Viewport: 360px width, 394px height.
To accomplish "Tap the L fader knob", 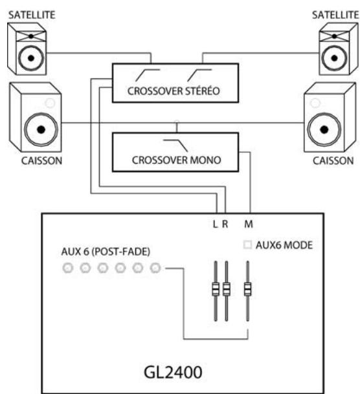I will [216, 288].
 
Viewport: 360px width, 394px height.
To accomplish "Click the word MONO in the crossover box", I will [205, 162].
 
